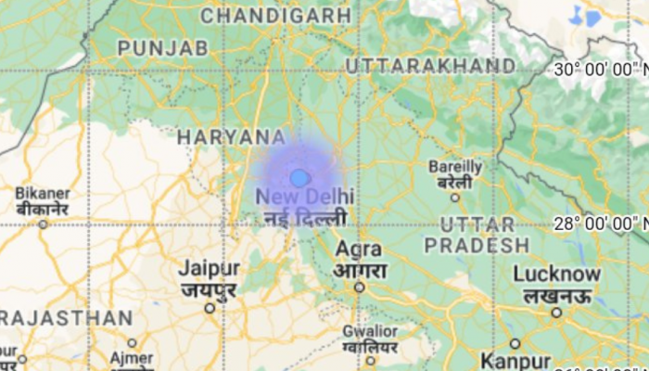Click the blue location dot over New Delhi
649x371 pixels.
[x=299, y=178]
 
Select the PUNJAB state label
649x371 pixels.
[x=161, y=47]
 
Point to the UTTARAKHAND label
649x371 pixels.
[x=430, y=66]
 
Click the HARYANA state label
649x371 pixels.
[x=232, y=137]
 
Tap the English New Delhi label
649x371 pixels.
[x=304, y=197]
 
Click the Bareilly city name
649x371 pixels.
[x=455, y=167]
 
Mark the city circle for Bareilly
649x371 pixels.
[x=455, y=197]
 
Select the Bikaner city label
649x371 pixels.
[x=42, y=193]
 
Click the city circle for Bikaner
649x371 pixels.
[x=43, y=223]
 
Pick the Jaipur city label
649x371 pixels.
[x=209, y=268]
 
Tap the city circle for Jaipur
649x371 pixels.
[x=210, y=308]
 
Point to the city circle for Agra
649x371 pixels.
[x=359, y=288]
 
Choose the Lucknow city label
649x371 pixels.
[x=556, y=275]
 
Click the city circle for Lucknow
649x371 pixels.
[x=556, y=313]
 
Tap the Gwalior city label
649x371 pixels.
[x=369, y=331]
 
